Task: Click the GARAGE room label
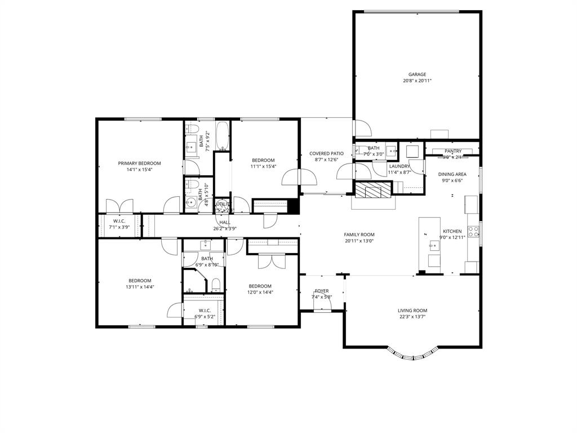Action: [x=417, y=74]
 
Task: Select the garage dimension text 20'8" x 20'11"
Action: [x=417, y=81]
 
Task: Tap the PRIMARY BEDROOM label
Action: [x=139, y=163]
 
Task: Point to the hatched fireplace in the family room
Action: [x=372, y=190]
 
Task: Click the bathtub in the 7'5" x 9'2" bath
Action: [x=223, y=135]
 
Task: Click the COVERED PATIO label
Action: [x=326, y=153]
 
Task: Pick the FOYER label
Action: [x=322, y=291]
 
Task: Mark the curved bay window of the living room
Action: [x=414, y=355]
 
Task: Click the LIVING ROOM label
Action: [x=412, y=310]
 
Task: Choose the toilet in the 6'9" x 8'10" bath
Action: [x=215, y=285]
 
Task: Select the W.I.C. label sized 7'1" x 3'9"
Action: [x=119, y=221]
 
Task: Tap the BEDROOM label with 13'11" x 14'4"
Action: [x=139, y=280]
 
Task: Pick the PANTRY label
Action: [x=453, y=151]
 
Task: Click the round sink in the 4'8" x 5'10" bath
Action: [x=191, y=202]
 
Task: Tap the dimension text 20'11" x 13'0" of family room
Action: [x=359, y=241]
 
